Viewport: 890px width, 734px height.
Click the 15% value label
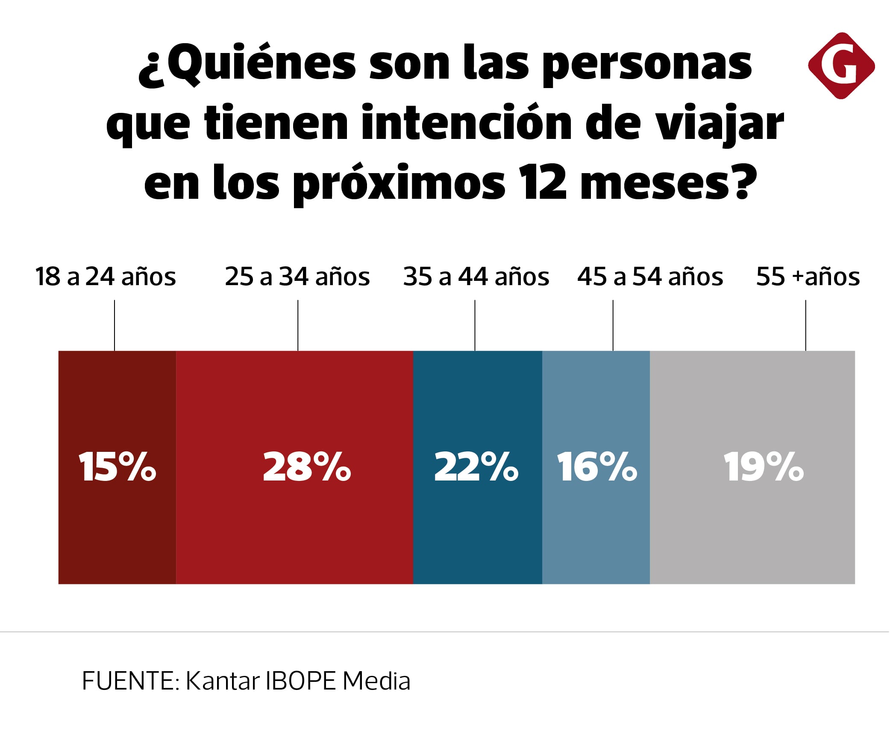pyautogui.click(x=117, y=467)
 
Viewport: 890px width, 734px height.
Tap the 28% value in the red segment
pyautogui.click(x=307, y=467)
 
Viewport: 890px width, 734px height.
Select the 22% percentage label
pyautogui.click(x=476, y=467)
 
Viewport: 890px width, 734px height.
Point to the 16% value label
pyautogui.click(x=597, y=467)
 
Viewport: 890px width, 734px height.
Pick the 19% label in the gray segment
pyautogui.click(x=764, y=467)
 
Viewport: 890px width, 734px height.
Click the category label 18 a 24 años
pyautogui.click(x=106, y=277)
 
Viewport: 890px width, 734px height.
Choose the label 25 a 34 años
pyautogui.click(x=297, y=277)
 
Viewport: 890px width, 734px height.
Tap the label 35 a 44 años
pyautogui.click(x=476, y=277)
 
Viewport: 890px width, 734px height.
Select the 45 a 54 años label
pyautogui.click(x=650, y=277)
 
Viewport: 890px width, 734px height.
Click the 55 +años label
pyautogui.click(x=808, y=277)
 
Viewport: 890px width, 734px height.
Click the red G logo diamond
pyautogui.click(x=841, y=66)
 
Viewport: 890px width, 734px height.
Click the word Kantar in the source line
pyautogui.click(x=223, y=681)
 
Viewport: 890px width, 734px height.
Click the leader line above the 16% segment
pyautogui.click(x=613, y=325)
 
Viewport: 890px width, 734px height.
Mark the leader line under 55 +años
pyautogui.click(x=806, y=325)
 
